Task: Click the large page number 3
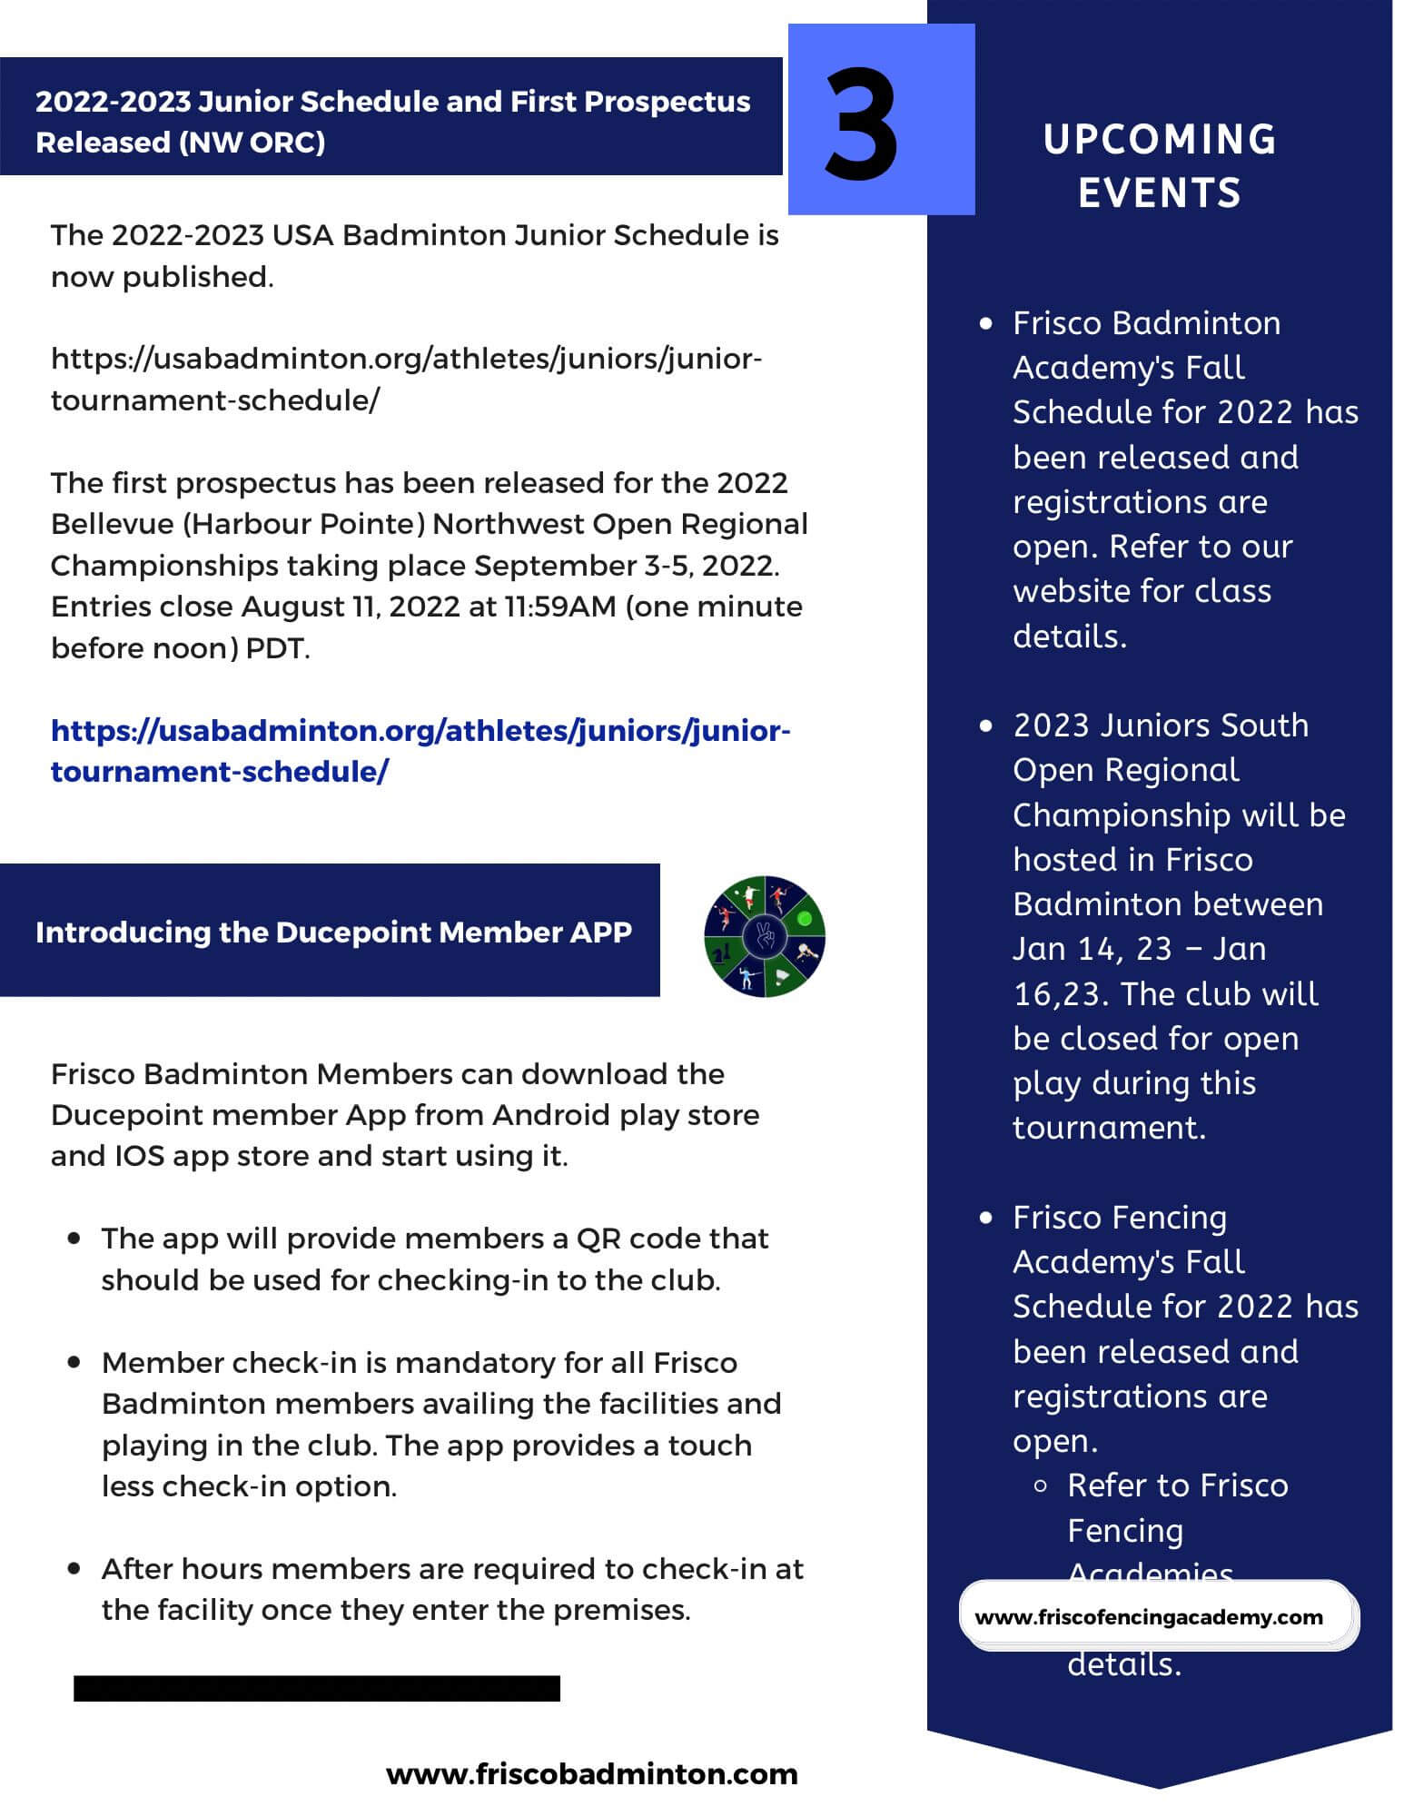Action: click(861, 123)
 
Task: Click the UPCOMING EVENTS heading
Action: click(1159, 165)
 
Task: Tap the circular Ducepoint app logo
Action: click(765, 936)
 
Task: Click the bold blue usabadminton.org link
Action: click(420, 751)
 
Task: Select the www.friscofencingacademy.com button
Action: click(1149, 1617)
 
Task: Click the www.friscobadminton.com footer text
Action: click(591, 1774)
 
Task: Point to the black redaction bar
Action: click(316, 1688)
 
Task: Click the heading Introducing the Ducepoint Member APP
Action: click(333, 933)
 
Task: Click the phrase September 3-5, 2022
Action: click(626, 566)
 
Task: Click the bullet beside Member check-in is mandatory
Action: click(74, 1362)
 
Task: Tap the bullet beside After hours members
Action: click(74, 1568)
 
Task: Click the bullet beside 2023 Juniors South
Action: click(986, 725)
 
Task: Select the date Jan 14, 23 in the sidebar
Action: click(1093, 949)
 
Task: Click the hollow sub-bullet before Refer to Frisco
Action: click(1041, 1486)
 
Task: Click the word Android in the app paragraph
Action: click(551, 1115)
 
